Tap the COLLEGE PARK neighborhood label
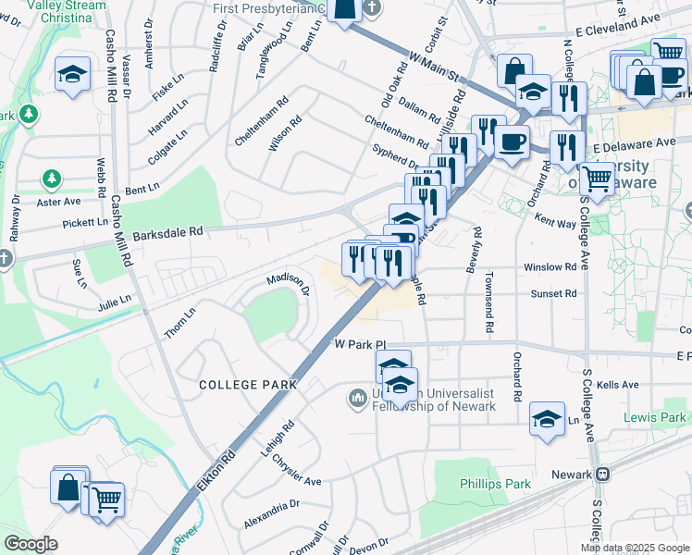[x=248, y=384]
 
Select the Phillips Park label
[x=496, y=484]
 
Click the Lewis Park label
[x=655, y=418]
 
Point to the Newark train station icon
[x=603, y=475]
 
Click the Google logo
[x=30, y=544]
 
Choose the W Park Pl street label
[x=352, y=344]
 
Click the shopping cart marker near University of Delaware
[x=598, y=177]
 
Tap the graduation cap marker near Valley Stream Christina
[x=72, y=73]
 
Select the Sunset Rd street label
[x=553, y=292]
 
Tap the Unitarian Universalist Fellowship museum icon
[x=358, y=399]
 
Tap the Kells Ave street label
[x=618, y=385]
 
